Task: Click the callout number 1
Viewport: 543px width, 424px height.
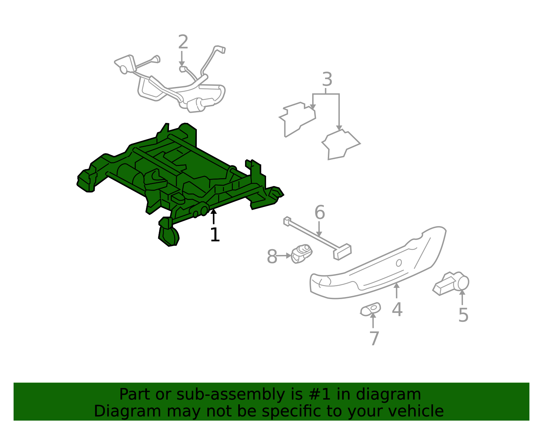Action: (x=215, y=235)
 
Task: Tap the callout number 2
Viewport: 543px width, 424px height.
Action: (x=183, y=42)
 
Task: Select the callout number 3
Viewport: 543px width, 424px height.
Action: (x=327, y=80)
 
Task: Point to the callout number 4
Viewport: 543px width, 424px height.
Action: (x=397, y=310)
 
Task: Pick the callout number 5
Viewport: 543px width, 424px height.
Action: (x=463, y=315)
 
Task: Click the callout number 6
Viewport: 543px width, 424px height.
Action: (x=319, y=213)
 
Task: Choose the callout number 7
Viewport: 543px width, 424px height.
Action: (x=374, y=338)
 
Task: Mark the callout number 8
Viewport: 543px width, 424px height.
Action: (x=272, y=257)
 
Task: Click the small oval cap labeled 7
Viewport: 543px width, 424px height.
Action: (x=370, y=309)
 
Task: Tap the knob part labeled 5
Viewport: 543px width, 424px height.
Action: (x=451, y=283)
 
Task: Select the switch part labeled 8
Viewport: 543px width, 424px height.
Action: (x=302, y=253)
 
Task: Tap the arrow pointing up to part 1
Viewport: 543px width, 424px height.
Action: (x=213, y=217)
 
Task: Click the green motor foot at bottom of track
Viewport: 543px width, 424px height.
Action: (x=169, y=235)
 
